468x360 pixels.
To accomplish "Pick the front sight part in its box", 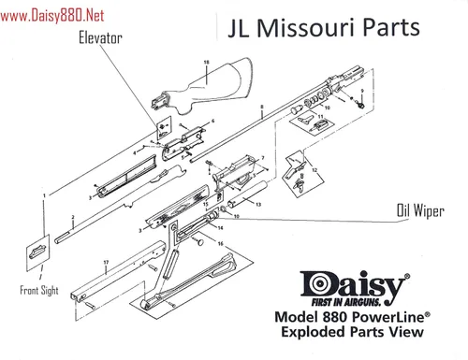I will (x=37, y=249).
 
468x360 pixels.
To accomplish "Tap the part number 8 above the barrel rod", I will (x=262, y=108).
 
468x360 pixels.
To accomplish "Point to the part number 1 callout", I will (x=43, y=195).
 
